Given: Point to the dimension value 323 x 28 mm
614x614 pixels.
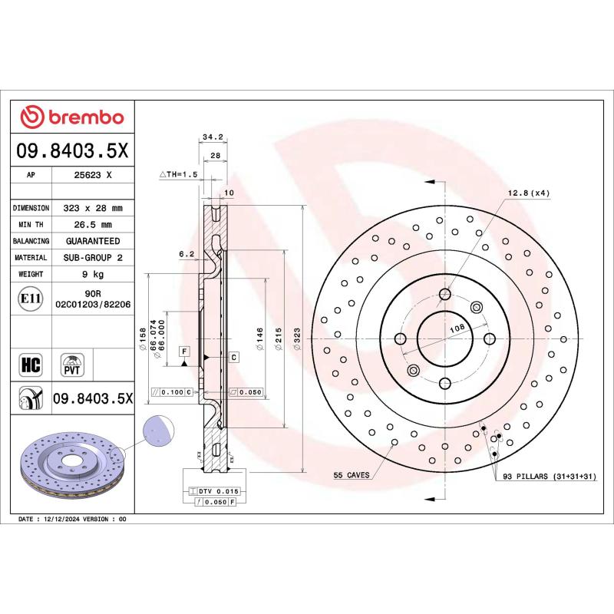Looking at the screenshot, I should pos(92,208).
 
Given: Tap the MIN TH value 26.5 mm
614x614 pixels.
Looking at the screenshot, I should pos(92,225).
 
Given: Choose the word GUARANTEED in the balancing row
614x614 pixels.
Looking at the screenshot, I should pos(92,241).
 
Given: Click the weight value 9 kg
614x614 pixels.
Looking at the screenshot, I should pos(92,274).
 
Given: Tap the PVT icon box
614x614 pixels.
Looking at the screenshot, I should pos(73,363).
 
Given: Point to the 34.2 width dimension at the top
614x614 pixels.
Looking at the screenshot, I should pos(213,137).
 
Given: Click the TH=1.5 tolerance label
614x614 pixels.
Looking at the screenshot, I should pos(179,175).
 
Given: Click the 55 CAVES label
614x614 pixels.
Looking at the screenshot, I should pos(352,475).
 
